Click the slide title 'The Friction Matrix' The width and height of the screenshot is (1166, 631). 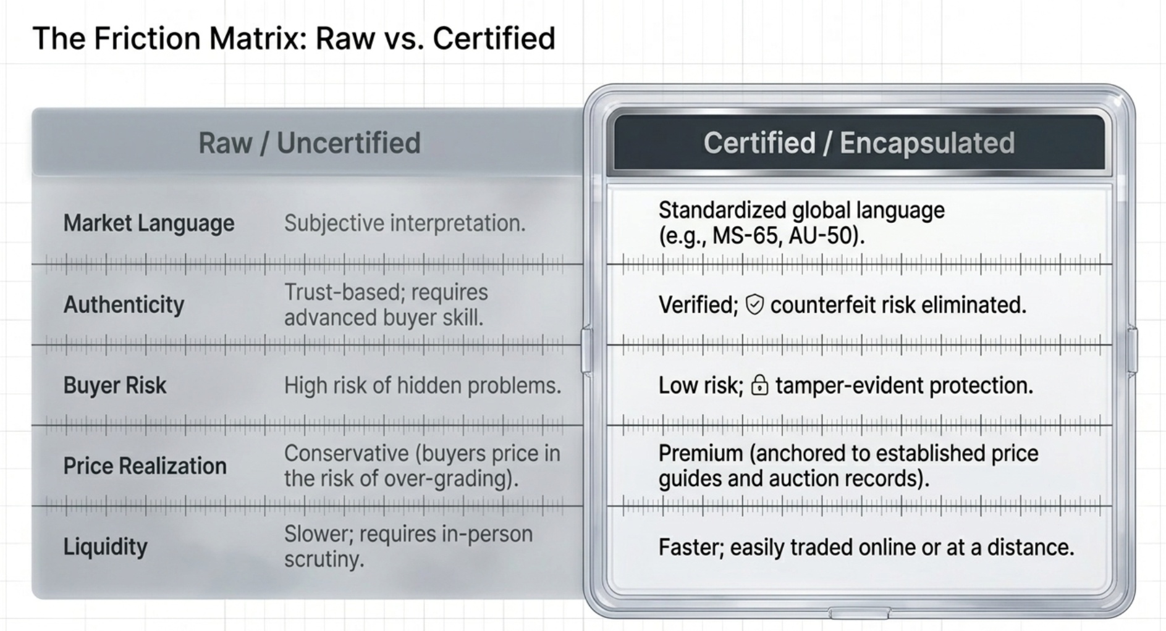(294, 38)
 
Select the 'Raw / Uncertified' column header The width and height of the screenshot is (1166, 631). (309, 143)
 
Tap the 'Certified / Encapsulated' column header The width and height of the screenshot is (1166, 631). (859, 143)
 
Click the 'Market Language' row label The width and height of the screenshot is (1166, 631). (149, 223)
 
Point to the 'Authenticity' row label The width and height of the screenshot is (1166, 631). (124, 304)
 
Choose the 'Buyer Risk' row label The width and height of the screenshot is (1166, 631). (115, 385)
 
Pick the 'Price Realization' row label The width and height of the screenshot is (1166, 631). (145, 466)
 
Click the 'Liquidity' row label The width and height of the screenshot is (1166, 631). (105, 547)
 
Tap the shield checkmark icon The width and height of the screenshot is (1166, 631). (754, 304)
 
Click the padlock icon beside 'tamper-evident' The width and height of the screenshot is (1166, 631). (759, 386)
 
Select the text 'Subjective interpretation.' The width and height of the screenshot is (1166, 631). (405, 223)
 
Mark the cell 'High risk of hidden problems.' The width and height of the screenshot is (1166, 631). (423, 385)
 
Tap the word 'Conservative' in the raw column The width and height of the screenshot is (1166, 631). (347, 453)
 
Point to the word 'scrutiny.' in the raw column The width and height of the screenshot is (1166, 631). (324, 559)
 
